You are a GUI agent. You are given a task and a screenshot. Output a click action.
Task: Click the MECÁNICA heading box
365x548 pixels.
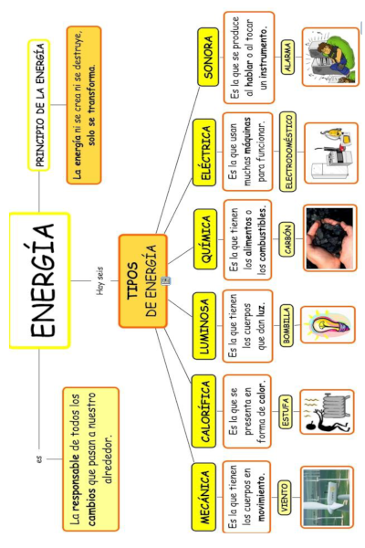208,496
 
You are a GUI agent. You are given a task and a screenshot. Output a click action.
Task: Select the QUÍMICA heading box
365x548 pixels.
208,238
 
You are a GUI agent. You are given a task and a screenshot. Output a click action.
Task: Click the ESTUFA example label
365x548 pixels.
286,414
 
